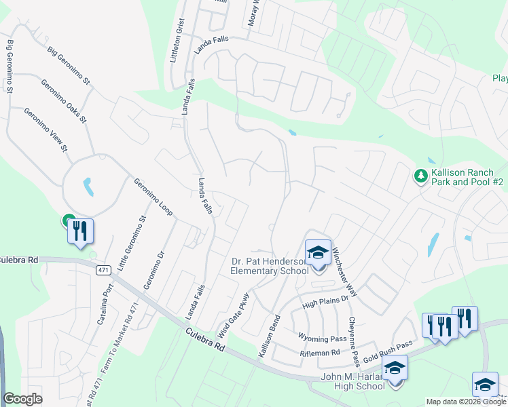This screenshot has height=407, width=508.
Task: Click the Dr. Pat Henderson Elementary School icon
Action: pos(317,252)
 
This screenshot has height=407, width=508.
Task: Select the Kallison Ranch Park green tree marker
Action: pos(421,176)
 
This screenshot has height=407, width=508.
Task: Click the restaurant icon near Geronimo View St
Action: pos(80,231)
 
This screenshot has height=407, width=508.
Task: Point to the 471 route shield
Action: pos(102,270)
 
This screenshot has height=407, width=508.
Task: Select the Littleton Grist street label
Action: pos(179,41)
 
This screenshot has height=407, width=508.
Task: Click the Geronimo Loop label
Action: pos(153,197)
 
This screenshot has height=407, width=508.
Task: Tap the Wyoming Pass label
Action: pos(323,337)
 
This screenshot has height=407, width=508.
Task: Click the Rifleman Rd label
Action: pos(320,353)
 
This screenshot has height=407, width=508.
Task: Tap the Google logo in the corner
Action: pos(22,399)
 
